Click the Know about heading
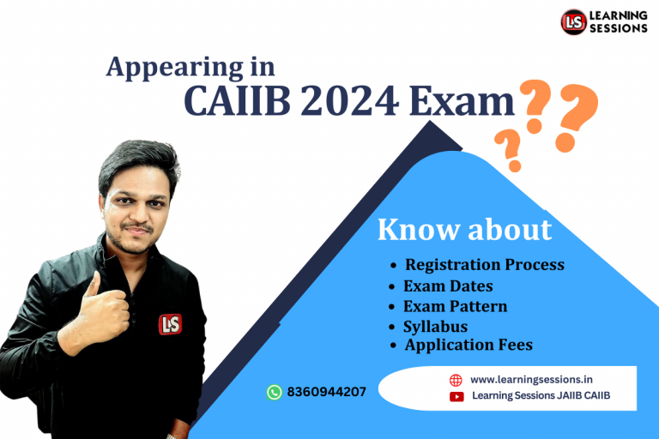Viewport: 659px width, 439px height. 464,229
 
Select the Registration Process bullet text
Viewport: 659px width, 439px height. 484,264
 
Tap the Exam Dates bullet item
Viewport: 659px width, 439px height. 448,286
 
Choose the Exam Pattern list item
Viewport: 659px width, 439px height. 455,306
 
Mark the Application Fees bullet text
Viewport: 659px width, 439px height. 469,346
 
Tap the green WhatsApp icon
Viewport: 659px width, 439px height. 275,392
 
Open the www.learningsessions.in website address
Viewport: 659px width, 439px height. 537,379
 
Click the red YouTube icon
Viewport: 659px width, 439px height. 456,396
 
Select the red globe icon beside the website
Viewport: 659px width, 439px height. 456,379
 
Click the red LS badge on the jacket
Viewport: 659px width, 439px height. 170,324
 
